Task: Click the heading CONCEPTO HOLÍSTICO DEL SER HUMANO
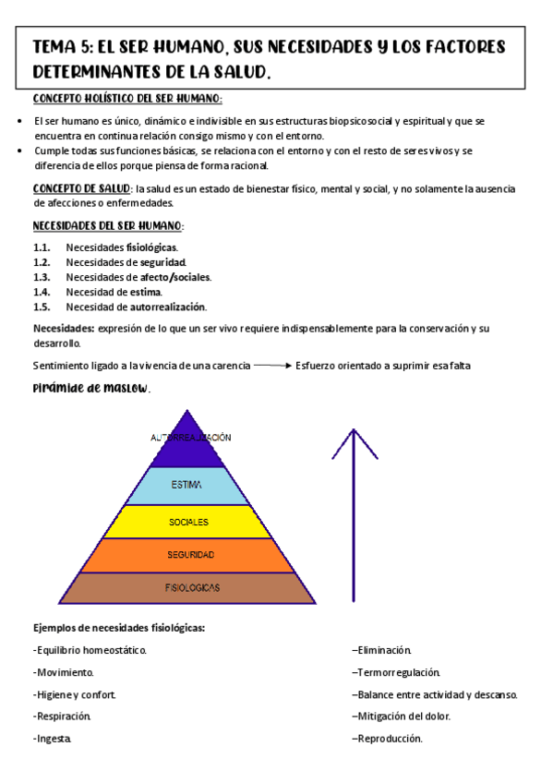point(127,99)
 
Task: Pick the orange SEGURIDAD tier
point(189,555)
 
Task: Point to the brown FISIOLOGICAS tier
point(191,587)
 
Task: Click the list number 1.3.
point(41,277)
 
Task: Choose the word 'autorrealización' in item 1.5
point(168,307)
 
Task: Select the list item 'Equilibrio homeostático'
point(90,650)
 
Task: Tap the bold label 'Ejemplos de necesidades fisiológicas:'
point(119,628)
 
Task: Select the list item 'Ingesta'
point(53,739)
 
